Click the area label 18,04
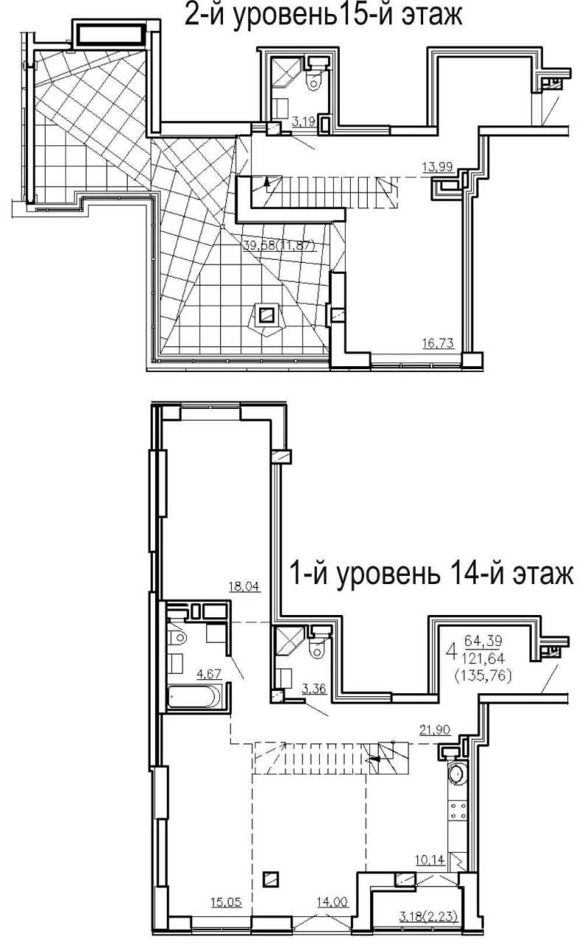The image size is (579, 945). point(244,586)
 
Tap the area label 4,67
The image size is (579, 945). point(209,674)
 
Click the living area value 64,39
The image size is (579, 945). point(483,642)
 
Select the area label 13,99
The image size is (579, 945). point(437,167)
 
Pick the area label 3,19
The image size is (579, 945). point(304,123)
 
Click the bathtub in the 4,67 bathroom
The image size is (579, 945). point(194,698)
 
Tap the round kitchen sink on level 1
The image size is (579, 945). point(456,774)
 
